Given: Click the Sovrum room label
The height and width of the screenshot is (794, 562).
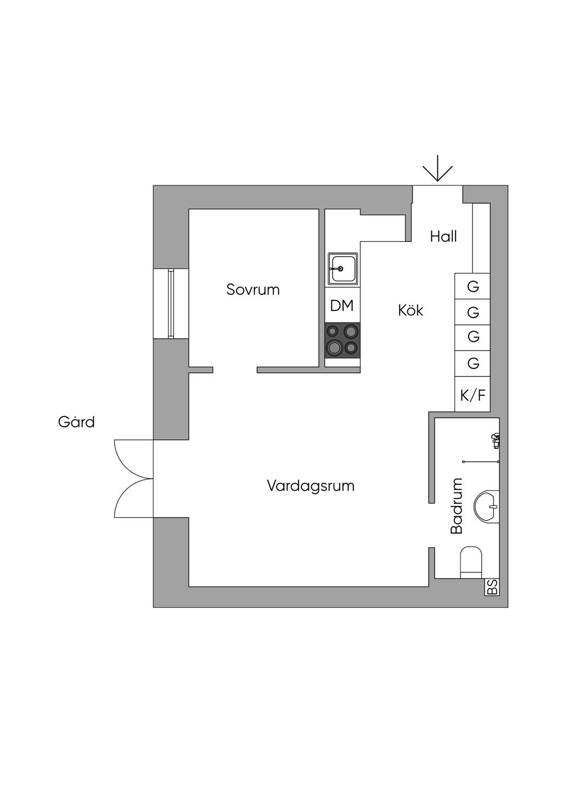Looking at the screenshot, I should (253, 290).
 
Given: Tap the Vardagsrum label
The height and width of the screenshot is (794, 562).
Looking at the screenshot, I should (311, 486).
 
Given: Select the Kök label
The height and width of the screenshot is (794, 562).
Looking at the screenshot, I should (411, 310).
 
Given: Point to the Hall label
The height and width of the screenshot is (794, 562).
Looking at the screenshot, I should (443, 237).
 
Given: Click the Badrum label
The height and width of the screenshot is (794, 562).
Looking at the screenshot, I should (457, 506).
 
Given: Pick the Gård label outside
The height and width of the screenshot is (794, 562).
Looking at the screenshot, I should (76, 422).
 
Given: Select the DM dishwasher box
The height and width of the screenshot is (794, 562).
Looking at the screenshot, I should (342, 306).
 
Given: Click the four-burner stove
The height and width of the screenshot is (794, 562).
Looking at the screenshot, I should (342, 340).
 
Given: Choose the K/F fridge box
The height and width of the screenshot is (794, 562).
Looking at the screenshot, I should (473, 395).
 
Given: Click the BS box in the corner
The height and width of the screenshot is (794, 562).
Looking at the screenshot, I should (492, 587).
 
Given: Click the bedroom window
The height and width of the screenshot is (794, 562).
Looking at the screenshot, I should (171, 303).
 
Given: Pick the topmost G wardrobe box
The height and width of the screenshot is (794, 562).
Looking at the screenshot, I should (473, 286).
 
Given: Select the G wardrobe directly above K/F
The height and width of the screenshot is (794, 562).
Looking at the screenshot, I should (473, 363).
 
